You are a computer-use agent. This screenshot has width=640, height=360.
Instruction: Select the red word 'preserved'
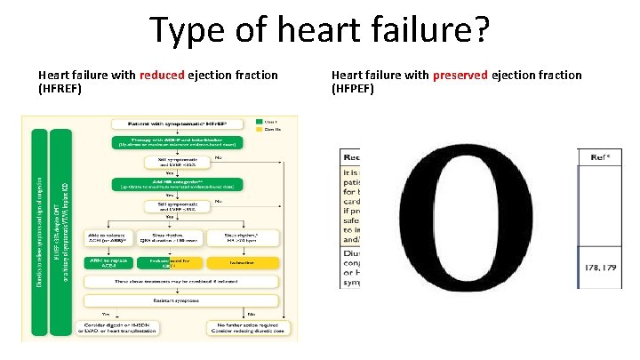click(460, 76)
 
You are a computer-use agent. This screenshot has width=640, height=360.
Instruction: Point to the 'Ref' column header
click(599, 157)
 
